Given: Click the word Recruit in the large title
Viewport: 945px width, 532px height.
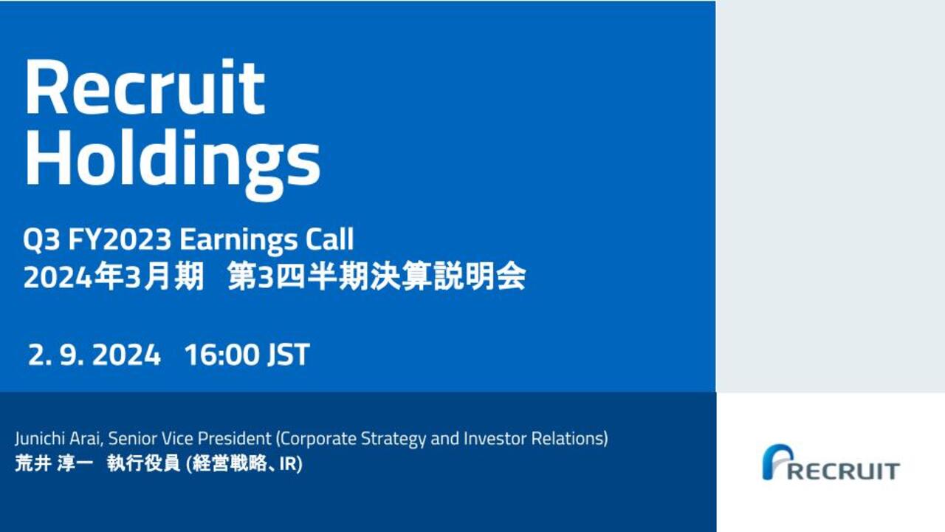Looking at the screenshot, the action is click(x=145, y=87).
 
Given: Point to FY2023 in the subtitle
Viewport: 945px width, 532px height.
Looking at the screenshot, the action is click(x=120, y=239).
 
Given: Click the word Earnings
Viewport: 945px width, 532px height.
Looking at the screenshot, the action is click(x=238, y=241).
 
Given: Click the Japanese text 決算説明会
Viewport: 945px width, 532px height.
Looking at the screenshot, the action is click(x=448, y=276).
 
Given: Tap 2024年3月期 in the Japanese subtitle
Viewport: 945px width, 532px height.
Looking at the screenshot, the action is click(x=114, y=276).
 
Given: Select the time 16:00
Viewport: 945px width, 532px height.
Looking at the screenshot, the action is click(x=221, y=355).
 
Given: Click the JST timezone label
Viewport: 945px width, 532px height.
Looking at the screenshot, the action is click(x=289, y=355).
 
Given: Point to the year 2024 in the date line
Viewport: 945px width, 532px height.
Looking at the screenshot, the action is click(x=126, y=355).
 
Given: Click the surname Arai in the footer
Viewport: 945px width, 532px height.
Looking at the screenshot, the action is click(x=86, y=439).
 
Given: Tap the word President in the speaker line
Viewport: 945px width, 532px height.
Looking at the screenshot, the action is click(x=234, y=439).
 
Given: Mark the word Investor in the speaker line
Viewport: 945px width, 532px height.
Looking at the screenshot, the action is click(x=495, y=439).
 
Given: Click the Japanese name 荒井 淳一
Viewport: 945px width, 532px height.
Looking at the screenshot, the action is click(x=54, y=463).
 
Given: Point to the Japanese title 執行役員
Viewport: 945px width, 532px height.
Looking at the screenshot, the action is click(x=143, y=463).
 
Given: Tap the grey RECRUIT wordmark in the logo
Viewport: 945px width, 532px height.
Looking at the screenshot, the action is click(x=844, y=471).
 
